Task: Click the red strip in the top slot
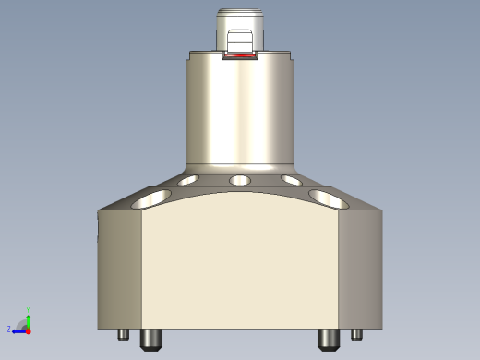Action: pos(240,56)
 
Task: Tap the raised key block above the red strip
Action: pos(240,42)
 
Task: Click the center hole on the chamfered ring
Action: pos(240,179)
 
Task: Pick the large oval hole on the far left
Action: pos(150,197)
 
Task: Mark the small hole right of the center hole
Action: pos(291,180)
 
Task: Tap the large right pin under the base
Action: pos(328,339)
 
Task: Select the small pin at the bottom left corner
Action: pos(123,334)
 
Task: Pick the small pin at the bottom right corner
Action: pos(356,334)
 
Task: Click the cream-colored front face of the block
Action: pos(240,268)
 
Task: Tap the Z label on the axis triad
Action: pos(9,329)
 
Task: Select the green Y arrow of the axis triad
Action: pos(29,317)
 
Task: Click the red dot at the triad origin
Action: pos(29,329)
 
